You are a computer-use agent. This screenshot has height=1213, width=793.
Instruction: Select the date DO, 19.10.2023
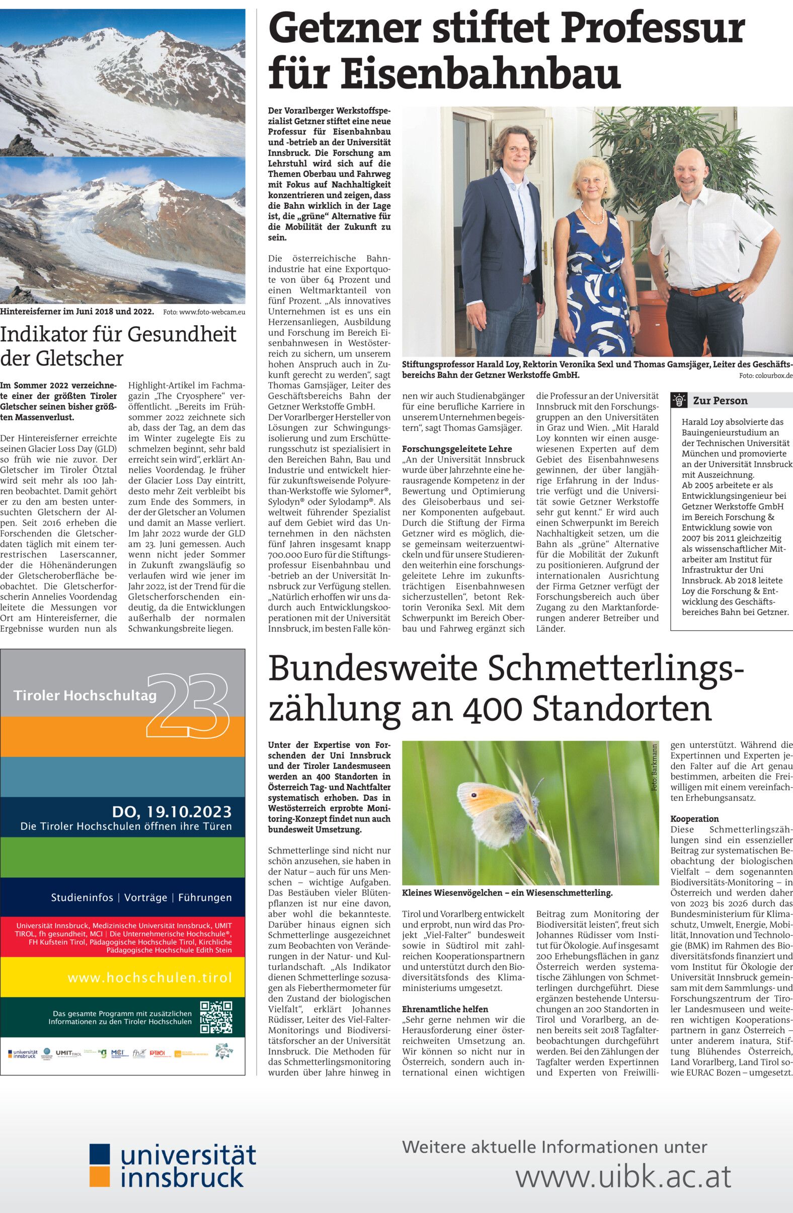click(172, 811)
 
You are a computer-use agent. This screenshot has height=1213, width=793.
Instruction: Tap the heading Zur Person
click(720, 401)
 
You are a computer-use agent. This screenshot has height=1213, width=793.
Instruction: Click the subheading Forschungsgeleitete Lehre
click(449, 449)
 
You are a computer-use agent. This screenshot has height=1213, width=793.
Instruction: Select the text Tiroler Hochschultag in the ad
click(85, 696)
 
